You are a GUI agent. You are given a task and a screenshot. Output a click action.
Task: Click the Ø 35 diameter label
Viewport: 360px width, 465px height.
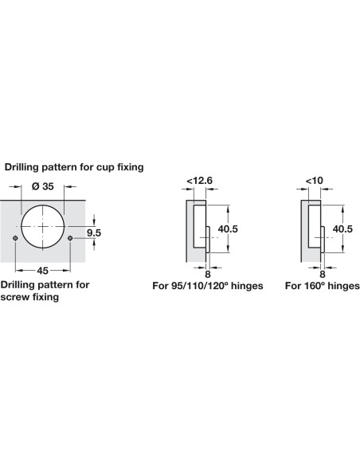tap(43, 186)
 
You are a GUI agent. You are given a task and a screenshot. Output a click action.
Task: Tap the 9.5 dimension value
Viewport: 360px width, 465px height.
tap(94, 232)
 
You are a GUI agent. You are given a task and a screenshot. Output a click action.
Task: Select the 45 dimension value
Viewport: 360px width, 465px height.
tap(43, 271)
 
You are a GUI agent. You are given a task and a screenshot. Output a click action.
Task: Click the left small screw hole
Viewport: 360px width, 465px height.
tap(15, 238)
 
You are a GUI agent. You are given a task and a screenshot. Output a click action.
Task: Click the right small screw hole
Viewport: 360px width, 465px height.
tap(70, 238)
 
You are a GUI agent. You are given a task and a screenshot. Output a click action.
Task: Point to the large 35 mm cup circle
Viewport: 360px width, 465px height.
tap(43, 205)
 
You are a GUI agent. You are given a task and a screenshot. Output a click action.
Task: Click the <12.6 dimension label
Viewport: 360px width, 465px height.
tap(199, 180)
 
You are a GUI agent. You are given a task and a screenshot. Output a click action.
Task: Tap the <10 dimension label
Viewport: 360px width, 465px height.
tap(315, 180)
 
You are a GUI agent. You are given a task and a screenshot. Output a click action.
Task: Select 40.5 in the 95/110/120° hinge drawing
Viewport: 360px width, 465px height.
tap(228, 229)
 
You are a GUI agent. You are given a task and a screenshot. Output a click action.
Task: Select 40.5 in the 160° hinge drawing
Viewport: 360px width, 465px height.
tap(342, 229)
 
